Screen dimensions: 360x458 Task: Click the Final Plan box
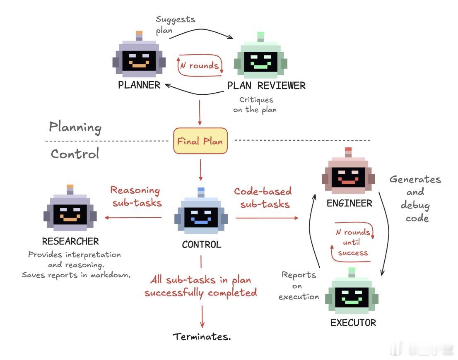point(200,141)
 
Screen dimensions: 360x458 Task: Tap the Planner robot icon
point(139,58)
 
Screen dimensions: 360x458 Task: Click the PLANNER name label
point(139,86)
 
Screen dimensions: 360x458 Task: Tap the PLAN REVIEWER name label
point(266,86)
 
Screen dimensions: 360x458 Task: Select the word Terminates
point(202,336)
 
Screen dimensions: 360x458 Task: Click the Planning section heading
point(75,127)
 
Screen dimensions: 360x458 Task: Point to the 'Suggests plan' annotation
point(169,25)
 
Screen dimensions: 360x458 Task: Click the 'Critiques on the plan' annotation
point(255,105)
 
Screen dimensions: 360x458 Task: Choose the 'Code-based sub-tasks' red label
point(263,197)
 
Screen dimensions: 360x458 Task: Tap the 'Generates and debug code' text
point(415,199)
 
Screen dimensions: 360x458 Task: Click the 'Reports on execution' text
point(299,286)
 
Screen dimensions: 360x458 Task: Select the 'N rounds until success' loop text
point(353,242)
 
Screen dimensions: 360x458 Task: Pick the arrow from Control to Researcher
point(133,218)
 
